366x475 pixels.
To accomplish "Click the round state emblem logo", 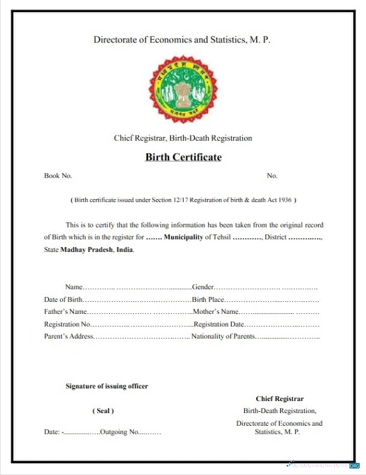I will point(182,88).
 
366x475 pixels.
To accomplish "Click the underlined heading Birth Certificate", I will point(183,157).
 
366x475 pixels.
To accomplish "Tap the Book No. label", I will point(58,176).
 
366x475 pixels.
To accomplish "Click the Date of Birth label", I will point(63,299).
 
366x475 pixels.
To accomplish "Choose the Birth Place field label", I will point(208,299).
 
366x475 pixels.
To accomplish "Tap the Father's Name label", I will point(65,311).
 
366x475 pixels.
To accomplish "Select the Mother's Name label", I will point(215,311).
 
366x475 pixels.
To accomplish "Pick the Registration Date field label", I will point(219,324).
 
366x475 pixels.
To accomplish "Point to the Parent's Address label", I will point(69,336).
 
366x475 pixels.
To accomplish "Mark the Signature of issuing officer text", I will point(107,386).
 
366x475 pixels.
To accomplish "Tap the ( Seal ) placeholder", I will point(103,411).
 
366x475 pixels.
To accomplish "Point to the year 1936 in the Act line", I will point(284,200).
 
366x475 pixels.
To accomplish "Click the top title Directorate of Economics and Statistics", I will point(182,39).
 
